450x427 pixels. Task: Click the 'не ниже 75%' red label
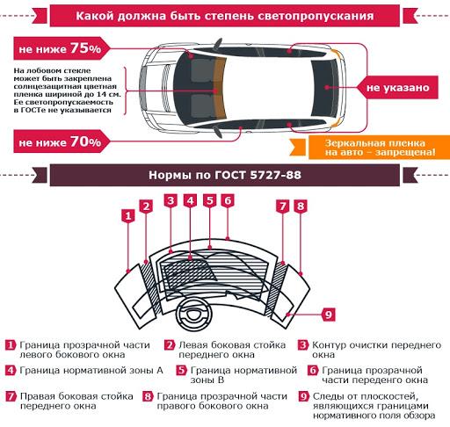(x=61, y=48)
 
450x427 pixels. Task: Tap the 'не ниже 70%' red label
(x=61, y=141)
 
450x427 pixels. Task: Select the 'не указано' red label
(x=397, y=87)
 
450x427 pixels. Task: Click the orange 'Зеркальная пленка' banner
(x=379, y=148)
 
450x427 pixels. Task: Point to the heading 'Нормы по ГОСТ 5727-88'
(x=225, y=175)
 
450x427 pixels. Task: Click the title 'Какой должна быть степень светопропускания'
(x=225, y=16)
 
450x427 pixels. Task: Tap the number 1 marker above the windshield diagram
(x=128, y=216)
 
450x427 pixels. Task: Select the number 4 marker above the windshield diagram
(x=190, y=201)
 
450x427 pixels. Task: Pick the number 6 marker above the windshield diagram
(x=228, y=201)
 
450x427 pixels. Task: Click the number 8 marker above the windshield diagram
(x=301, y=206)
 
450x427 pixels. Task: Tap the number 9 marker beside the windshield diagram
(x=329, y=315)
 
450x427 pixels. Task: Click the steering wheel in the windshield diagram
(x=193, y=315)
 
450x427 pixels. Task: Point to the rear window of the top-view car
(x=324, y=88)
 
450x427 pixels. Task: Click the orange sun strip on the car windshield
(x=220, y=88)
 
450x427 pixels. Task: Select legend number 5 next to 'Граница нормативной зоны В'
(x=182, y=371)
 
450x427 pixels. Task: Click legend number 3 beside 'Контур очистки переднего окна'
(x=303, y=345)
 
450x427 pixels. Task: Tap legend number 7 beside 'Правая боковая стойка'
(x=11, y=396)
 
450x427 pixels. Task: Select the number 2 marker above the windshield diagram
(x=146, y=206)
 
